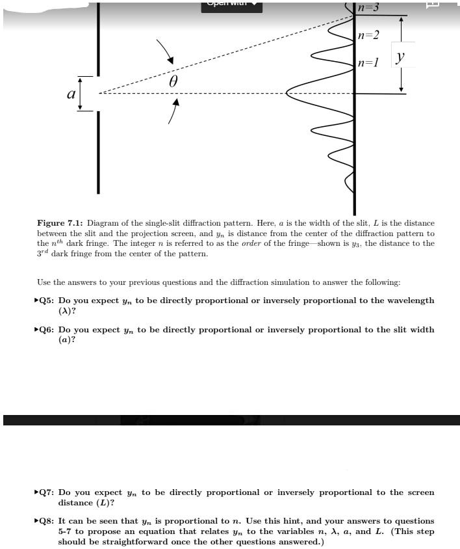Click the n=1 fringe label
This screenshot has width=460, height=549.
click(368, 63)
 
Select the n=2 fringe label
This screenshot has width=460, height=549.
click(368, 34)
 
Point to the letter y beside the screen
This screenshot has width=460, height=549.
click(401, 57)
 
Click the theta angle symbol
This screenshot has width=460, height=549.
click(173, 82)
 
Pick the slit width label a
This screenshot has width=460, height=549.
click(70, 94)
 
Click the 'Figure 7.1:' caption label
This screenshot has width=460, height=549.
click(60, 223)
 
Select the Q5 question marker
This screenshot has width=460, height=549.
click(44, 301)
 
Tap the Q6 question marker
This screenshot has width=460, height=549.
click(44, 330)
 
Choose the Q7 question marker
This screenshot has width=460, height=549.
click(44, 492)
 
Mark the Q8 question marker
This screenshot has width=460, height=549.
click(44, 521)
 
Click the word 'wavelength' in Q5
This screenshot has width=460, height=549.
click(409, 301)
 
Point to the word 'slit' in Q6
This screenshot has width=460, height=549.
click(396, 330)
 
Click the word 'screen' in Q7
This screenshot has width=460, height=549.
click(420, 492)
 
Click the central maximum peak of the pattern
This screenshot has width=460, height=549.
click(287, 94)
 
